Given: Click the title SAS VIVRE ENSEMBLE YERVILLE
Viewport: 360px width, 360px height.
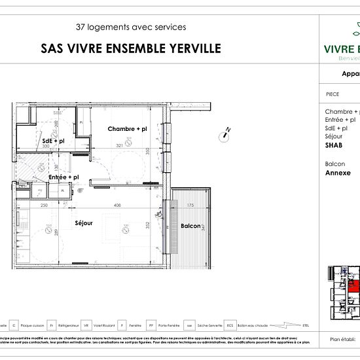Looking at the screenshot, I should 131,48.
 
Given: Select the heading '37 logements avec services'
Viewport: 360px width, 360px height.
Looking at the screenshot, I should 131,27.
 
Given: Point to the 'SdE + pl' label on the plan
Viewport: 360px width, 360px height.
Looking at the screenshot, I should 53,141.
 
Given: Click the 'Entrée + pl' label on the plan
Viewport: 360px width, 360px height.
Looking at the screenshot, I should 63,177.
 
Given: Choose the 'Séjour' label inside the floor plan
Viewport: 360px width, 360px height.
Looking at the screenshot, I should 83,223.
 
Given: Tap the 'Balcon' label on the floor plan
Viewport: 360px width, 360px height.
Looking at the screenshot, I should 190,226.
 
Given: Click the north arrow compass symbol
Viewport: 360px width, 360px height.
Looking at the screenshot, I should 225,135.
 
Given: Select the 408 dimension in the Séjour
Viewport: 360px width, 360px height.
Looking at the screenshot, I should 117,206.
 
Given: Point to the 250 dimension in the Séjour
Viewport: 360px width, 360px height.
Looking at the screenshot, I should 44,206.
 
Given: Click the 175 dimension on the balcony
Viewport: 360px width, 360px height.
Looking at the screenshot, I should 190,206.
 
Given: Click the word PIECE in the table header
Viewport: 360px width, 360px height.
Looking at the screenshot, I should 332,94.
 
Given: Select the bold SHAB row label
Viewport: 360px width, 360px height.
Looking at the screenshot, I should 334,146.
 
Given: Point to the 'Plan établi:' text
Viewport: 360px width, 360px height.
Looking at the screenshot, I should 343,340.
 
